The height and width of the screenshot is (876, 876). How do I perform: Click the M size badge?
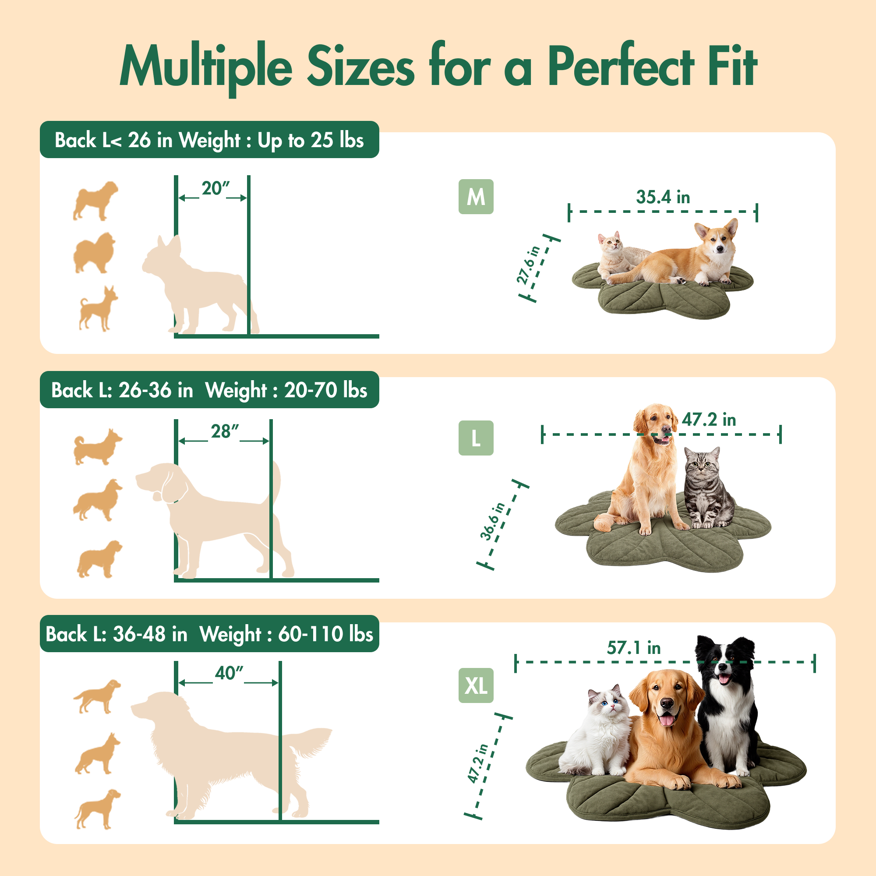476,197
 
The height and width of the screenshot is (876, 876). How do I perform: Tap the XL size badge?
476,685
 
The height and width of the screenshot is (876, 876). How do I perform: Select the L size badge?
476,438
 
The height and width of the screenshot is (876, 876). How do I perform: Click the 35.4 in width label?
663,197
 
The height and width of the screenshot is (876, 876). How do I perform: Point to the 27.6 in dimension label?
529,265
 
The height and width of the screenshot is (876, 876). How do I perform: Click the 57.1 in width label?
633,647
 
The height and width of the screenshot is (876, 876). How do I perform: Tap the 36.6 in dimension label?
493,521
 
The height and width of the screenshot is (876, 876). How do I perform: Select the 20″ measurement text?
215,189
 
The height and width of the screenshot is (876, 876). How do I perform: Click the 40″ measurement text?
229,673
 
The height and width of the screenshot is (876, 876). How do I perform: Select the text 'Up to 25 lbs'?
311,140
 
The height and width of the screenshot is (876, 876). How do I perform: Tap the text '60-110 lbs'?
325,634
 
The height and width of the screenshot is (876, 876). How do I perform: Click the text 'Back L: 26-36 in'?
123,390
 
